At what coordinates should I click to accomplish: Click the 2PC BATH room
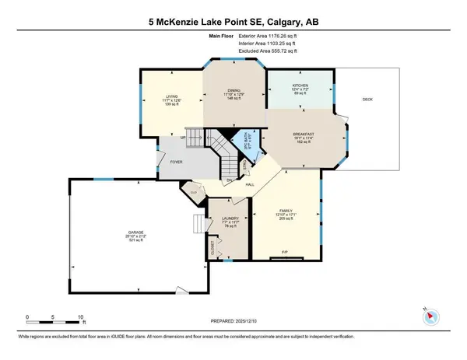coord(248,140)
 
